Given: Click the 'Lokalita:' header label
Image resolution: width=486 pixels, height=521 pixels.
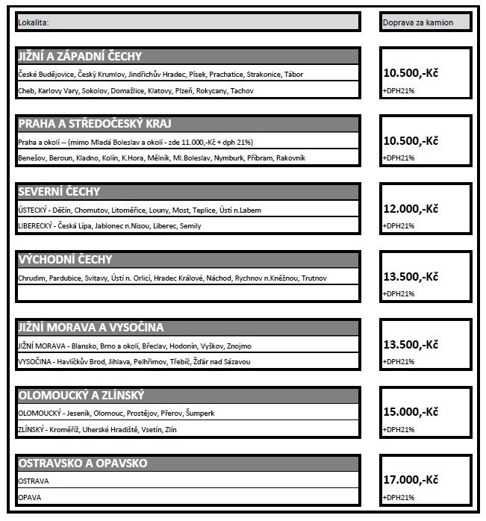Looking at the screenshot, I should pos(34,22).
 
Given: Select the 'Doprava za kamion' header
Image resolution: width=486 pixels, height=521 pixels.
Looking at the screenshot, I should pos(417,22).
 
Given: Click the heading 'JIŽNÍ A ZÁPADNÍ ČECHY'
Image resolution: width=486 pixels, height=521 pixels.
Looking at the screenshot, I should pos(80,56).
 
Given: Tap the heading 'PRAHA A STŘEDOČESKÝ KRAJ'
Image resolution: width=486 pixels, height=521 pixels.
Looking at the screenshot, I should pos(95,124).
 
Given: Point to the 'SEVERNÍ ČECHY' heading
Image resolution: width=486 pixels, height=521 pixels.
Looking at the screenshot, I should pos(59,192).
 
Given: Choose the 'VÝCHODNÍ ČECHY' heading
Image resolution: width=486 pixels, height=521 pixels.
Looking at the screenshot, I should pos(66,260).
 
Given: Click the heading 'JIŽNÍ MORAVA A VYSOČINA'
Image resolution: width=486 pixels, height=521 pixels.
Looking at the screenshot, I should pos(91,328).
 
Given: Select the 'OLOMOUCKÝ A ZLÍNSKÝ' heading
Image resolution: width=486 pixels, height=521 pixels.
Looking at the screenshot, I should pos(81,396).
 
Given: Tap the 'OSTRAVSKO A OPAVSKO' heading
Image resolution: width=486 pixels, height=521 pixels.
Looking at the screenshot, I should pos(83,464).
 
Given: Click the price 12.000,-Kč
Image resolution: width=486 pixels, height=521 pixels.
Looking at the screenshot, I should pos(411,209).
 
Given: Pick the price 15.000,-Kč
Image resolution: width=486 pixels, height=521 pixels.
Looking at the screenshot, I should pos(411,413).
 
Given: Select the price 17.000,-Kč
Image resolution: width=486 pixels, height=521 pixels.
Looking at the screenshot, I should pos(411,481).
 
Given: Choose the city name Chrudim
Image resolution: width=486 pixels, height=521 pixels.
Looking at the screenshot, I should pos(30,278).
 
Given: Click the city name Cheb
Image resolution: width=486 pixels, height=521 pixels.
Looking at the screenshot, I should pos(25,90).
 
